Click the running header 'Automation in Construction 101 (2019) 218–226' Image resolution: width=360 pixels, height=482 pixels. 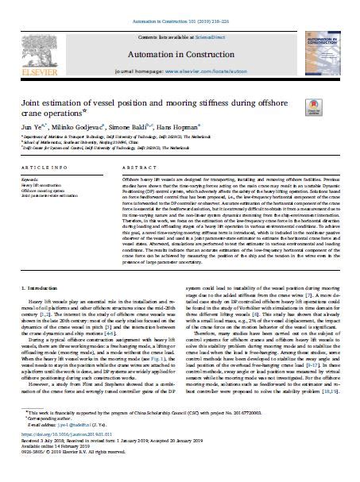pos(180,6)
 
